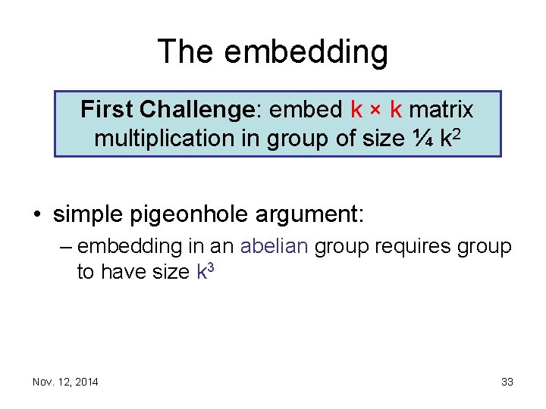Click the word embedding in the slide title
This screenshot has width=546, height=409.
pyautogui.click(x=306, y=52)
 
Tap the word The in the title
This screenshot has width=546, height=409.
pyautogui.click(x=186, y=52)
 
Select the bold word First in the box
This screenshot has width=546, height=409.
pyautogui.click(x=106, y=111)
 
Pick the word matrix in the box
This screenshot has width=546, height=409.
pyautogui.click(x=441, y=111)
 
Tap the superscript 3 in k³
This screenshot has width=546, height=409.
pyautogui.click(x=212, y=267)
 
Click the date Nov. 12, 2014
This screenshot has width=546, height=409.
pyautogui.click(x=65, y=382)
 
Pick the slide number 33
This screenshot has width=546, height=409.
pyautogui.click(x=507, y=382)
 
